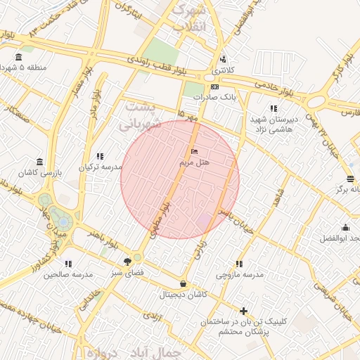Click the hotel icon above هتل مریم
(x=195, y=152)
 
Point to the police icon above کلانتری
(x=223, y=59)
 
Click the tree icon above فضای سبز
(x=127, y=261)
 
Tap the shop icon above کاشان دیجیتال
(x=184, y=284)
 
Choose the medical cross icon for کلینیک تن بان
(x=244, y=311)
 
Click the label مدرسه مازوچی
(x=240, y=275)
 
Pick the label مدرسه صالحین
(x=68, y=275)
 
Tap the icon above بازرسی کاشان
(x=39, y=162)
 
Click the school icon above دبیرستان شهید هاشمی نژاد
(x=273, y=109)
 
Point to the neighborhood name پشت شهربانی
(x=140, y=116)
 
